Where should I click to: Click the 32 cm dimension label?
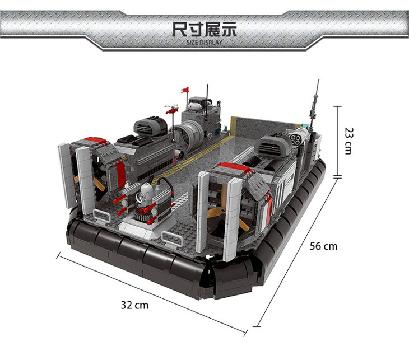(134, 305)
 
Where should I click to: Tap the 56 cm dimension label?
(323, 246)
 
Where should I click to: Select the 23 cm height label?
(348, 141)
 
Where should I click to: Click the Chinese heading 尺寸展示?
(204, 29)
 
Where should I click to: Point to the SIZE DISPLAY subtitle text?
(204, 42)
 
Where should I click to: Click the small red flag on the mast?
(185, 90)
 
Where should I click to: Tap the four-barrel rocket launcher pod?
(295, 138)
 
